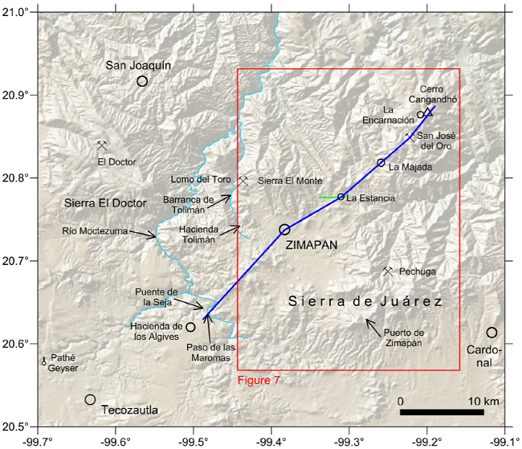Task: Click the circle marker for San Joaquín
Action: click(x=142, y=81)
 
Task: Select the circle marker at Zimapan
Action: click(x=284, y=230)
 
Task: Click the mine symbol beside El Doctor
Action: click(x=102, y=145)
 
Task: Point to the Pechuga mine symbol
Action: click(x=388, y=271)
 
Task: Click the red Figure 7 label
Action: click(x=259, y=379)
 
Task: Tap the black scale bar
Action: click(x=441, y=412)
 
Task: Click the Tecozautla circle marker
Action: click(x=90, y=399)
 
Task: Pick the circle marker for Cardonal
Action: click(x=491, y=333)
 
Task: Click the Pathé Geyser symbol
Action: click(x=44, y=362)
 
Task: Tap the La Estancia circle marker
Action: click(x=341, y=197)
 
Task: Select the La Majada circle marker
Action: click(x=381, y=163)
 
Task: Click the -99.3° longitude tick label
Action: click(x=349, y=440)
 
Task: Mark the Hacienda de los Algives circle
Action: click(x=190, y=327)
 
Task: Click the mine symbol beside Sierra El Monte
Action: click(x=243, y=182)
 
